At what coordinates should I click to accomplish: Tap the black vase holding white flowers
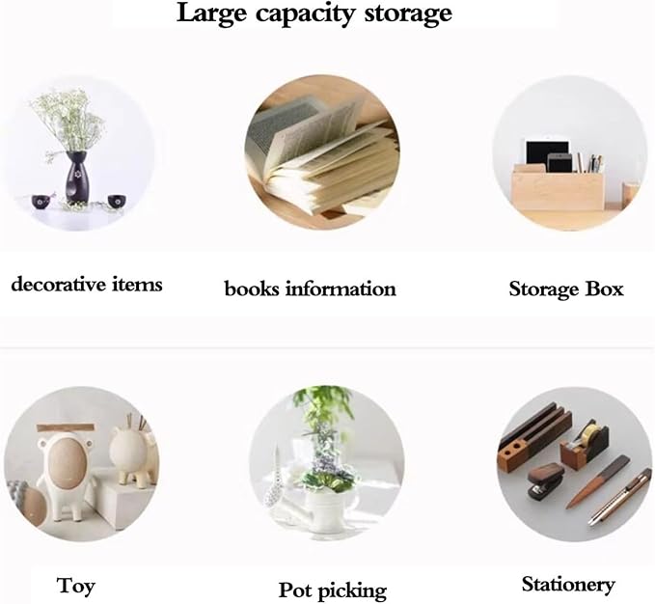pyautogui.click(x=76, y=178)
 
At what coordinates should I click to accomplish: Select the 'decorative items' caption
pyautogui.click(x=87, y=285)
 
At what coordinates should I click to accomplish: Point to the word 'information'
pyautogui.click(x=341, y=289)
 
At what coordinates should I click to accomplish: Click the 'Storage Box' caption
pyautogui.click(x=566, y=289)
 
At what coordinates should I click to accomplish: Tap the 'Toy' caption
pyautogui.click(x=75, y=586)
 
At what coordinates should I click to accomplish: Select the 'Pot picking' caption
pyautogui.click(x=333, y=590)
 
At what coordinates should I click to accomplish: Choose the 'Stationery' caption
pyautogui.click(x=568, y=585)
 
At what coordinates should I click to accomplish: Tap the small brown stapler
pyautogui.click(x=546, y=481)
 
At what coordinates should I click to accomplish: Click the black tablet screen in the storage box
pyautogui.click(x=547, y=152)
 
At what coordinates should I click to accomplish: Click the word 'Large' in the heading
pyautogui.click(x=212, y=14)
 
